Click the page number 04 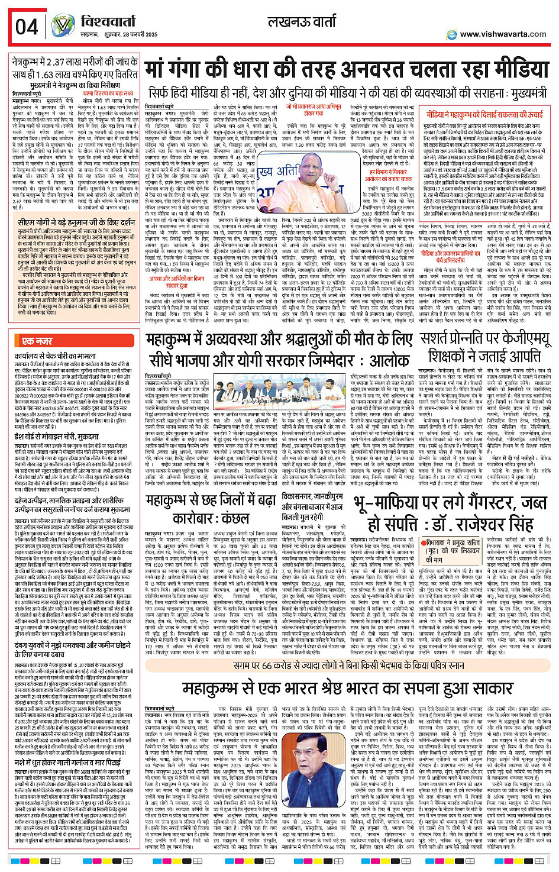click(x=27, y=27)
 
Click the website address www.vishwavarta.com click(x=503, y=34)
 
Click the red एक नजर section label click(x=37, y=341)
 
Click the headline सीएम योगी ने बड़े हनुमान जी click(x=76, y=223)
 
